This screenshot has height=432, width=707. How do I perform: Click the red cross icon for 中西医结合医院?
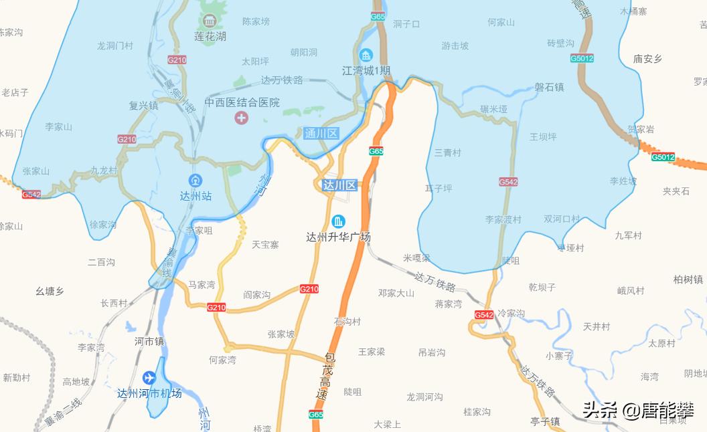[x=240, y=118]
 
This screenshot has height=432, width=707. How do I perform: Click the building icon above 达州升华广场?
[x=339, y=221]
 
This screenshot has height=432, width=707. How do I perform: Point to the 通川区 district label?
[x=321, y=133]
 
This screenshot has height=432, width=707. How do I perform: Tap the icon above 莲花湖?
[x=210, y=19]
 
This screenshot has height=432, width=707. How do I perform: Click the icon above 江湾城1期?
[x=366, y=55]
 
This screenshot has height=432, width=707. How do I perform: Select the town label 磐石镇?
[x=549, y=88]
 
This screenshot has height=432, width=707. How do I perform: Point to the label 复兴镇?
[x=143, y=105]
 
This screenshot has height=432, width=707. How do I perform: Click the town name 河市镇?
[x=149, y=341]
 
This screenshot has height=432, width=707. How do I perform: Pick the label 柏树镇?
[x=688, y=280]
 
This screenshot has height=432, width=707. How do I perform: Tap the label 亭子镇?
[x=544, y=421]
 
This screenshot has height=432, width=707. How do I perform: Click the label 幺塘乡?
[x=50, y=291]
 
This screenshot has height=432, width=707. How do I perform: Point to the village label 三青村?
[x=447, y=152]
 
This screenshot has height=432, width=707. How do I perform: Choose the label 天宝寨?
[x=265, y=245]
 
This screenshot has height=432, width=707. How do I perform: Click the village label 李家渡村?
[x=503, y=219]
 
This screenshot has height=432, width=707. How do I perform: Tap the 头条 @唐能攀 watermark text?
[x=637, y=409]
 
